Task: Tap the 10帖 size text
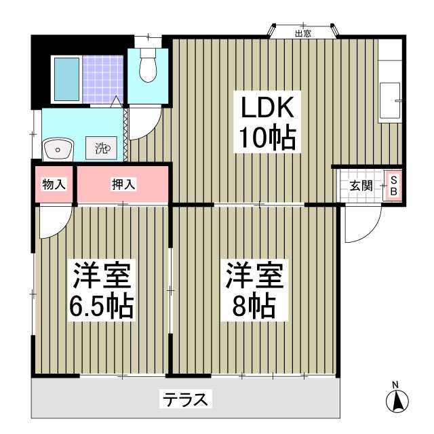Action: [267, 138]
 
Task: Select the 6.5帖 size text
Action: [102, 307]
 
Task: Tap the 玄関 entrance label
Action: [361, 185]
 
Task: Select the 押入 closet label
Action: [123, 184]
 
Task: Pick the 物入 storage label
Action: [54, 184]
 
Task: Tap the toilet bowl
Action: [147, 68]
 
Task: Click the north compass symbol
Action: [397, 401]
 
